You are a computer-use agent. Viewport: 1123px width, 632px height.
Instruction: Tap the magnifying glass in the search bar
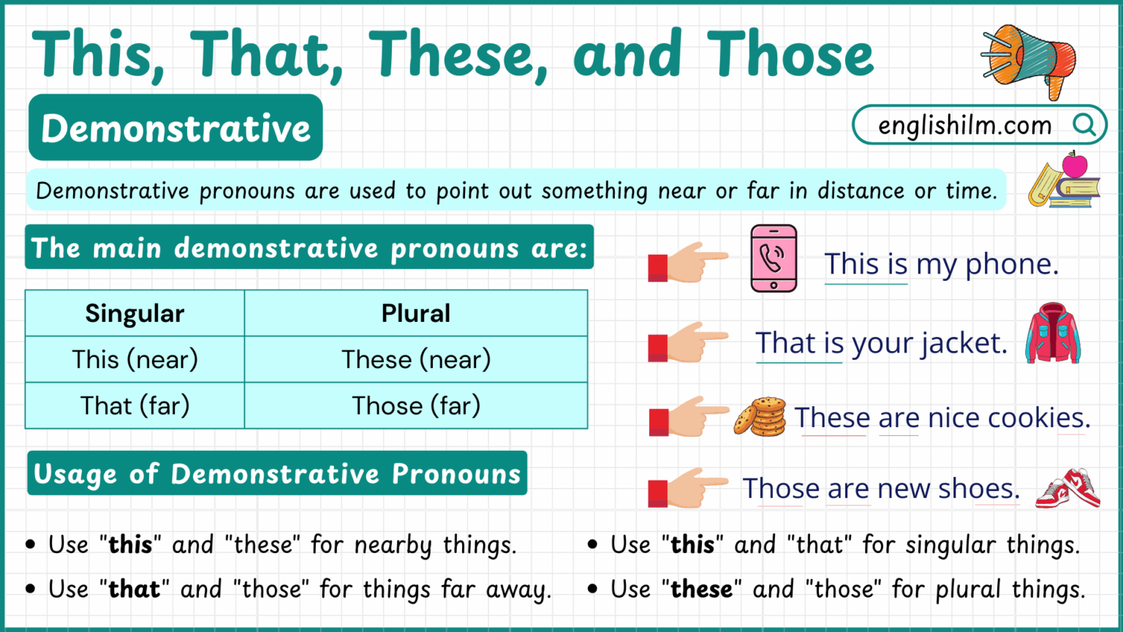(x=1084, y=125)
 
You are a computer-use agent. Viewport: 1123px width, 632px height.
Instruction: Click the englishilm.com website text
(x=964, y=126)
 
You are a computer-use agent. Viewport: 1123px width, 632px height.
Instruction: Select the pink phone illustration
(x=774, y=259)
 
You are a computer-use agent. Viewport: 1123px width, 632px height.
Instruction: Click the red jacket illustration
(x=1052, y=334)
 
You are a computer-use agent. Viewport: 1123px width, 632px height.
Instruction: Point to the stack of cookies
(x=760, y=417)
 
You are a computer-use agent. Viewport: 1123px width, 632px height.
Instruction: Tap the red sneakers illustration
(x=1068, y=489)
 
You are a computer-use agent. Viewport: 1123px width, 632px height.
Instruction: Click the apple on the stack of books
(x=1074, y=165)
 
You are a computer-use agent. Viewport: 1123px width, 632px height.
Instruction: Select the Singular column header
(x=135, y=313)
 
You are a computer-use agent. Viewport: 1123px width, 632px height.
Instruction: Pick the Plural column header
(x=415, y=313)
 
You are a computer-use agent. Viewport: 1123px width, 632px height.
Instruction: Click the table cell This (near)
(x=135, y=359)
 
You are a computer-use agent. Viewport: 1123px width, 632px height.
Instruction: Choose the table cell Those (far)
(x=415, y=405)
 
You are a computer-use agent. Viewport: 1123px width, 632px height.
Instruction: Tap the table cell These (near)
(x=415, y=359)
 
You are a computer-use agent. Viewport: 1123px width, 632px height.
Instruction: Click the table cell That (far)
(x=135, y=405)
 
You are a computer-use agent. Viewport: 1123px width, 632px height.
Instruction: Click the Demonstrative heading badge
(x=175, y=128)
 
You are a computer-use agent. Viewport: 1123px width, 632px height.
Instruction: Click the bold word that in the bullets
(x=135, y=590)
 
